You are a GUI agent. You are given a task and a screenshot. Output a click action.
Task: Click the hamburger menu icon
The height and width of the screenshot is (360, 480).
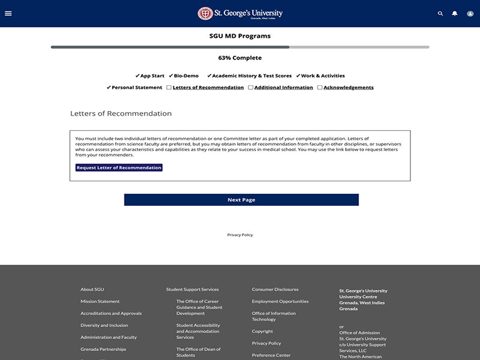coord(8,13)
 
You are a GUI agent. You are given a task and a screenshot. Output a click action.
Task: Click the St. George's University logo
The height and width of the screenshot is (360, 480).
coord(240,13)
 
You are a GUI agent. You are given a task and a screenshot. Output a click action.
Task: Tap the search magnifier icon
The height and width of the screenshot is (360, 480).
coord(440,13)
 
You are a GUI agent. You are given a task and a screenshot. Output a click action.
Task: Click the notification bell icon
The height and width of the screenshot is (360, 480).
coord(455,13)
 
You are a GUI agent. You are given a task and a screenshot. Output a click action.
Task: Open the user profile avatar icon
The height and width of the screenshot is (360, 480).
coord(470,13)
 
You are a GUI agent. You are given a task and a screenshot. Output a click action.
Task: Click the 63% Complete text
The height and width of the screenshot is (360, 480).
coord(240,58)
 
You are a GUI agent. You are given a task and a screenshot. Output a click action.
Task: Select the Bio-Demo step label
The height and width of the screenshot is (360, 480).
coord(186,76)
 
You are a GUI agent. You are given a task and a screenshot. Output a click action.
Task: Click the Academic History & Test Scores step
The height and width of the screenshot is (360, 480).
coord(251,76)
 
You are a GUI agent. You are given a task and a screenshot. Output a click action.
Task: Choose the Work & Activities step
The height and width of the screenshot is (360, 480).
coord(323,76)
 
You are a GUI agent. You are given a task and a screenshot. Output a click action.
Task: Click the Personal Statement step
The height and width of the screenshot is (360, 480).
coord(137,88)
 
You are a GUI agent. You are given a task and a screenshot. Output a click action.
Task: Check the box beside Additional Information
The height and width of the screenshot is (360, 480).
coord(251,88)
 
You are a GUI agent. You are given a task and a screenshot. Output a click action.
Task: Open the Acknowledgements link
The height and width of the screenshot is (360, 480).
coord(348,88)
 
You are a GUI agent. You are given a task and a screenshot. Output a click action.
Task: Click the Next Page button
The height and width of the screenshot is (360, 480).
coord(241,200)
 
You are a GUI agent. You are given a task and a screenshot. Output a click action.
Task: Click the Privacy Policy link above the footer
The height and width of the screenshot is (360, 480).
coord(240,235)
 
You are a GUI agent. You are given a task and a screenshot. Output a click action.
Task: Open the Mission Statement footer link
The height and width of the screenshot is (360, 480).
coord(100,302)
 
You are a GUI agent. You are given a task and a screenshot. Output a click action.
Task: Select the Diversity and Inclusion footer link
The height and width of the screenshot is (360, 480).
coord(104,326)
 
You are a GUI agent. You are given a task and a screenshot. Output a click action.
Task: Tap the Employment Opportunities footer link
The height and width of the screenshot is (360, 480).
coord(280,302)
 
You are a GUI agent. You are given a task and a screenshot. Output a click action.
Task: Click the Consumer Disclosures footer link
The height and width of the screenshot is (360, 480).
coord(275,290)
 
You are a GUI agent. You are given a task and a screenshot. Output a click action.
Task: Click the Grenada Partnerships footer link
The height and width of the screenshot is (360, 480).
coord(103,350)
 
